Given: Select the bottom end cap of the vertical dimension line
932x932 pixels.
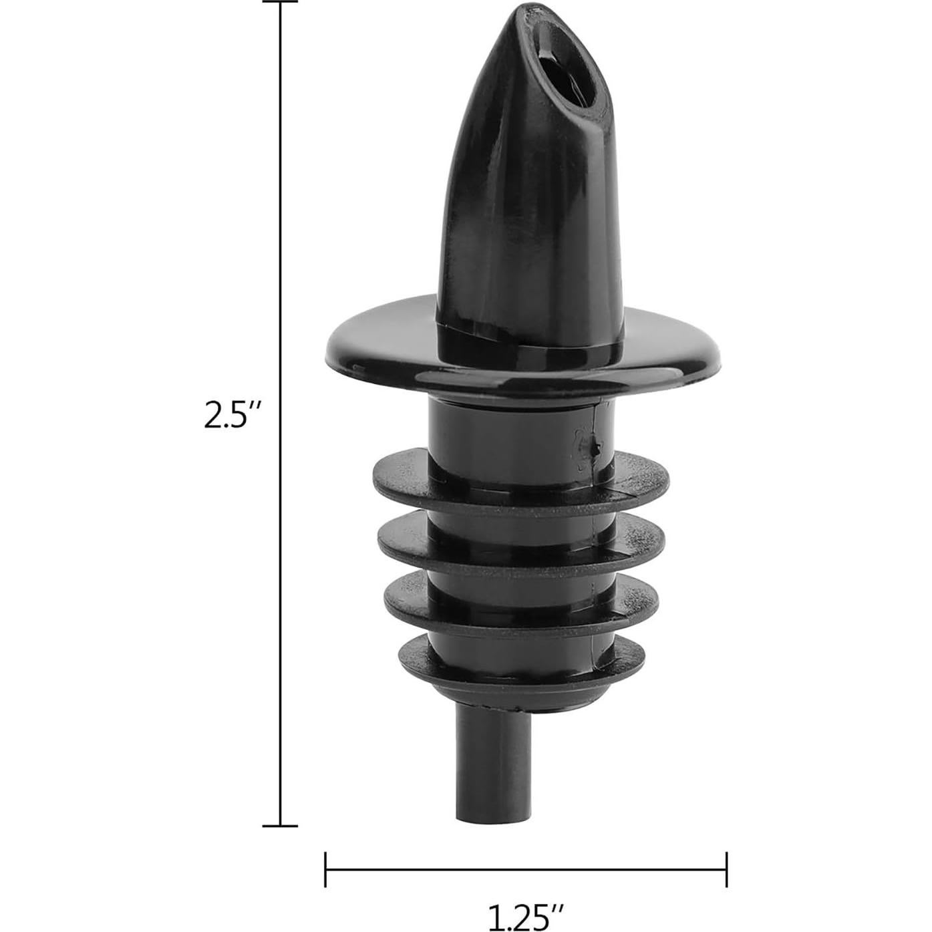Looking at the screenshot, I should [280, 826].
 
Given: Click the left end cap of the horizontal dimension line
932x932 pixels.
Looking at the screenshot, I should [325, 870].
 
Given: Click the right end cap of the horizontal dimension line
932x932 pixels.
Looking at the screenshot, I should [726, 870].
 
